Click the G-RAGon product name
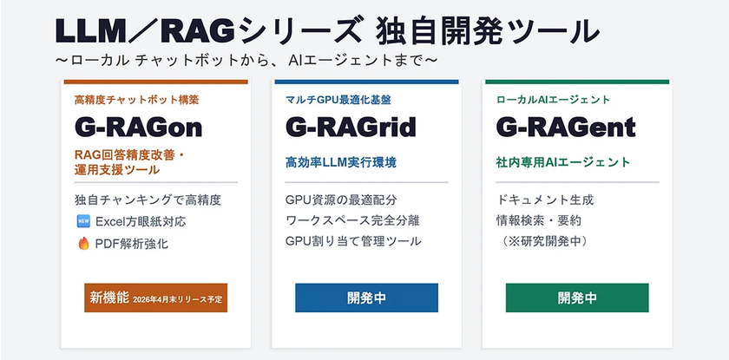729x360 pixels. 138,128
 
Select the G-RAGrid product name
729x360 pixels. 351,128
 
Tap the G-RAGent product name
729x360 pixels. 565,128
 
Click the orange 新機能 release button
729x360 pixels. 156,298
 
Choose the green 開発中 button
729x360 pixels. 577,298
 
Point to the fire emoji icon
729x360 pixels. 83,244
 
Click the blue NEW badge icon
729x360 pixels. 83,221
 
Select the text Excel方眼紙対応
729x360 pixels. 140,221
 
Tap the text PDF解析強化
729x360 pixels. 133,244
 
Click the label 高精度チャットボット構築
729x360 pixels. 136,100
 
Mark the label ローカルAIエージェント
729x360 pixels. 553,100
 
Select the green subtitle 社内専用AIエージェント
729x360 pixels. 563,162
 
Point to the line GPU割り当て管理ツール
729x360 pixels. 353,240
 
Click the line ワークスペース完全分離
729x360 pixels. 353,220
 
